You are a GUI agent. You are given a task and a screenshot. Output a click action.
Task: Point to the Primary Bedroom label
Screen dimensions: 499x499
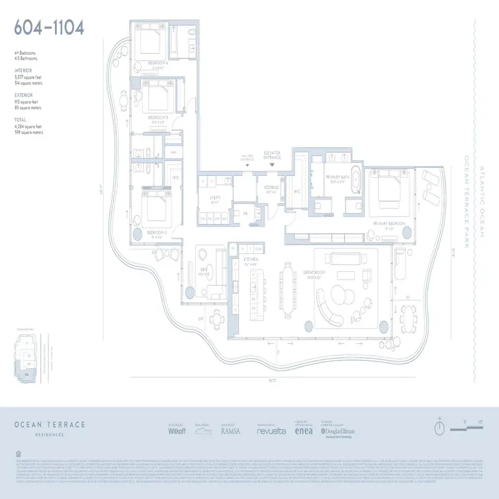click(389, 223)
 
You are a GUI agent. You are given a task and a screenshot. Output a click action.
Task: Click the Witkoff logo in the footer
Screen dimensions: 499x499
click(178, 430)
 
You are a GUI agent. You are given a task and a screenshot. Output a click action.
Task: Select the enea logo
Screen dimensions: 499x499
click(304, 430)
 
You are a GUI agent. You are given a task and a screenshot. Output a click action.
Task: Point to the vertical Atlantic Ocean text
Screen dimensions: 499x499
click(481, 200)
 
